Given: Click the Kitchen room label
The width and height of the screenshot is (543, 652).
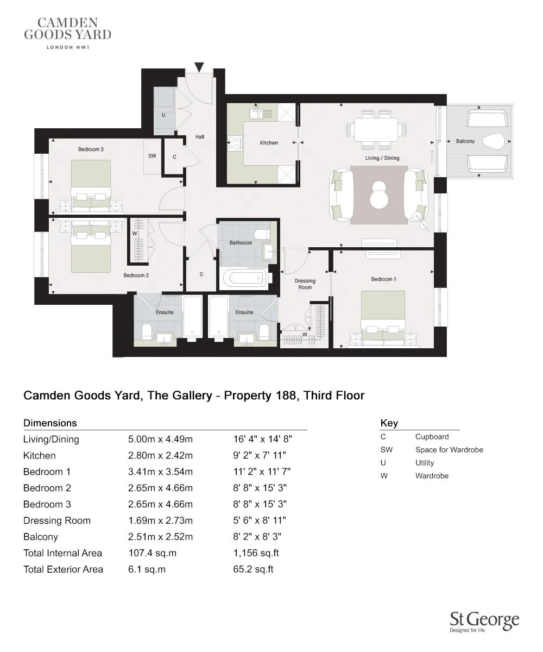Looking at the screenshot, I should click(269, 143).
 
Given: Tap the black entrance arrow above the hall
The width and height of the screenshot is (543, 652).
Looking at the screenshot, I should click(199, 67).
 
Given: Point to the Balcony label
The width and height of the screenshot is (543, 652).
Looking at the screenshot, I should click(465, 141).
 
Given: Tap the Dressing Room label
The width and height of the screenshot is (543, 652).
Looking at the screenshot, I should click(305, 284).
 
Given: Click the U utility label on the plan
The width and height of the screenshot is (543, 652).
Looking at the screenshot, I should click(163, 116).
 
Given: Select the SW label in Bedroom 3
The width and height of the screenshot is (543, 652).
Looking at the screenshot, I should click(152, 156).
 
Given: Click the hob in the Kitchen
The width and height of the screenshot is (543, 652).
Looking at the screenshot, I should click(235, 142).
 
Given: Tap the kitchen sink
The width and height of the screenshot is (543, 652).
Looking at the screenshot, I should click(257, 113).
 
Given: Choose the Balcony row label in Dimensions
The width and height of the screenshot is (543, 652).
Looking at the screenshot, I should click(40, 537).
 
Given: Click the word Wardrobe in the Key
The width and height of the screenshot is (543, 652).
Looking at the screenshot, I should click(432, 476).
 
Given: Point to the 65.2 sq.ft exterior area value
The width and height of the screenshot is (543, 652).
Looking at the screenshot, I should click(252, 569).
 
